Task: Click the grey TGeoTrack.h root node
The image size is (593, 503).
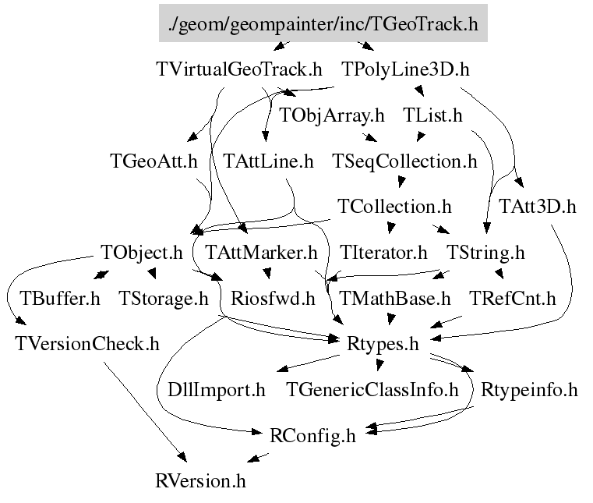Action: pyautogui.click(x=323, y=23)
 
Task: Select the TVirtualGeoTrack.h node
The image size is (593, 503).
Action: pyautogui.click(x=238, y=69)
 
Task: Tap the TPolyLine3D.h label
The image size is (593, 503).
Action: pyautogui.click(x=407, y=69)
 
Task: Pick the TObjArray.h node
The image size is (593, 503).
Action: pyautogui.click(x=332, y=115)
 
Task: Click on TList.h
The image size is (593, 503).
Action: pyautogui.click(x=433, y=115)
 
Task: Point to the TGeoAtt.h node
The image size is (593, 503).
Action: pyautogui.click(x=154, y=161)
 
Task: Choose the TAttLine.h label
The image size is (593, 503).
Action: pyautogui.click(x=268, y=161)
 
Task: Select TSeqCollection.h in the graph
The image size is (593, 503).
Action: pyautogui.click(x=404, y=161)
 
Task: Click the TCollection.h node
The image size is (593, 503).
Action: pyautogui.click(x=395, y=207)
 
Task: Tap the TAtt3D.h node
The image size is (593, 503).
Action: pyautogui.click(x=538, y=207)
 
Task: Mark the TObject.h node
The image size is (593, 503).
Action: pyautogui.click(x=142, y=253)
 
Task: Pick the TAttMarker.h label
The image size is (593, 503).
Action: pyautogui.click(x=261, y=253)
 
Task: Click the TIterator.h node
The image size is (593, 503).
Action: pyautogui.click(x=384, y=253)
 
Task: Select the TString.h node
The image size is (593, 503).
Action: pyautogui.click(x=485, y=253)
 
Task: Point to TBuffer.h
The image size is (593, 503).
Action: pyautogui.click(x=61, y=298)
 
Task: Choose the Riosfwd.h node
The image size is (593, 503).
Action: pyautogui.click(x=273, y=298)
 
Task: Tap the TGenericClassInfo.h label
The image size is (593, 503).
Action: pyautogui.click(x=372, y=388)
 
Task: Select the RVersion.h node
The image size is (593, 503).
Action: pyautogui.click(x=201, y=480)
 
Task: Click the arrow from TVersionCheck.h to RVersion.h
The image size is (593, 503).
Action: pyautogui.click(x=144, y=409)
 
